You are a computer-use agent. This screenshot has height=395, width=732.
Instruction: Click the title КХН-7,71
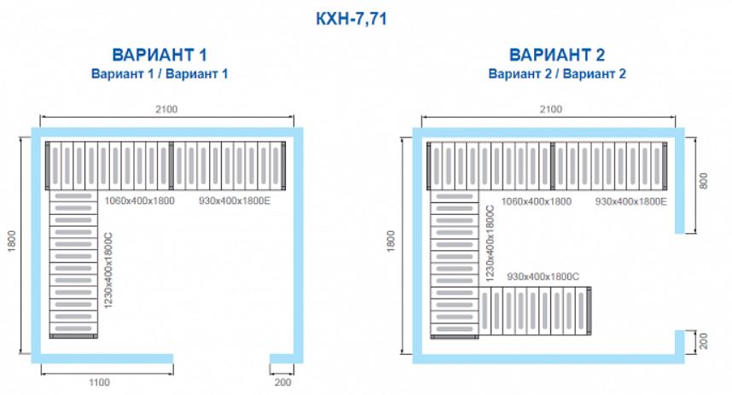(x=351, y=19)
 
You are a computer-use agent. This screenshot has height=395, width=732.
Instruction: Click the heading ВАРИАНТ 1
(x=160, y=55)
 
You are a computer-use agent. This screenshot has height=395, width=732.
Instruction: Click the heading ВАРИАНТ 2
(x=557, y=55)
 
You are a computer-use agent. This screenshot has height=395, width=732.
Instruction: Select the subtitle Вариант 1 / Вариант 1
(x=160, y=73)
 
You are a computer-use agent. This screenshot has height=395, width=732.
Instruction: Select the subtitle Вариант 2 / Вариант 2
(x=557, y=73)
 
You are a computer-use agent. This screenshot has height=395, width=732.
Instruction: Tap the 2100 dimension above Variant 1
(x=166, y=109)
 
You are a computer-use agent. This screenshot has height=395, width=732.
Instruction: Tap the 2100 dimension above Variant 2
(x=551, y=109)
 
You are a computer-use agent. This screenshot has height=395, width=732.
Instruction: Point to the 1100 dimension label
(x=100, y=382)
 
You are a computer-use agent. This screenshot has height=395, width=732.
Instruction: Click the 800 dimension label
(x=704, y=181)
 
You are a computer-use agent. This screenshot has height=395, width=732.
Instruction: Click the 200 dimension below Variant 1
(x=282, y=382)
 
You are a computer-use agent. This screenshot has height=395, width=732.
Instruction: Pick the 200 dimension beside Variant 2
(x=704, y=341)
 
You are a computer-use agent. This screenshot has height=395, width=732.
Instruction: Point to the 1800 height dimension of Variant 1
(x=12, y=241)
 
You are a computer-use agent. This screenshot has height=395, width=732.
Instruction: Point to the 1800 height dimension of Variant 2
(x=392, y=241)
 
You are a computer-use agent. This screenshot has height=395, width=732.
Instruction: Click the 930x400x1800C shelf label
(x=543, y=277)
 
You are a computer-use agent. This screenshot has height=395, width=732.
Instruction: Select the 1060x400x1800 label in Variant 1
(x=140, y=201)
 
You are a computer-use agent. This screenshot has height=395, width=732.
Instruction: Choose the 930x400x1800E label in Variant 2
(x=631, y=201)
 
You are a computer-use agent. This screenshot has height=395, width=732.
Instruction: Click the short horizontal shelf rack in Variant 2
(x=536, y=311)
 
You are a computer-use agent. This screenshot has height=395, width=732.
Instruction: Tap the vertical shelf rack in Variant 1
(x=73, y=264)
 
